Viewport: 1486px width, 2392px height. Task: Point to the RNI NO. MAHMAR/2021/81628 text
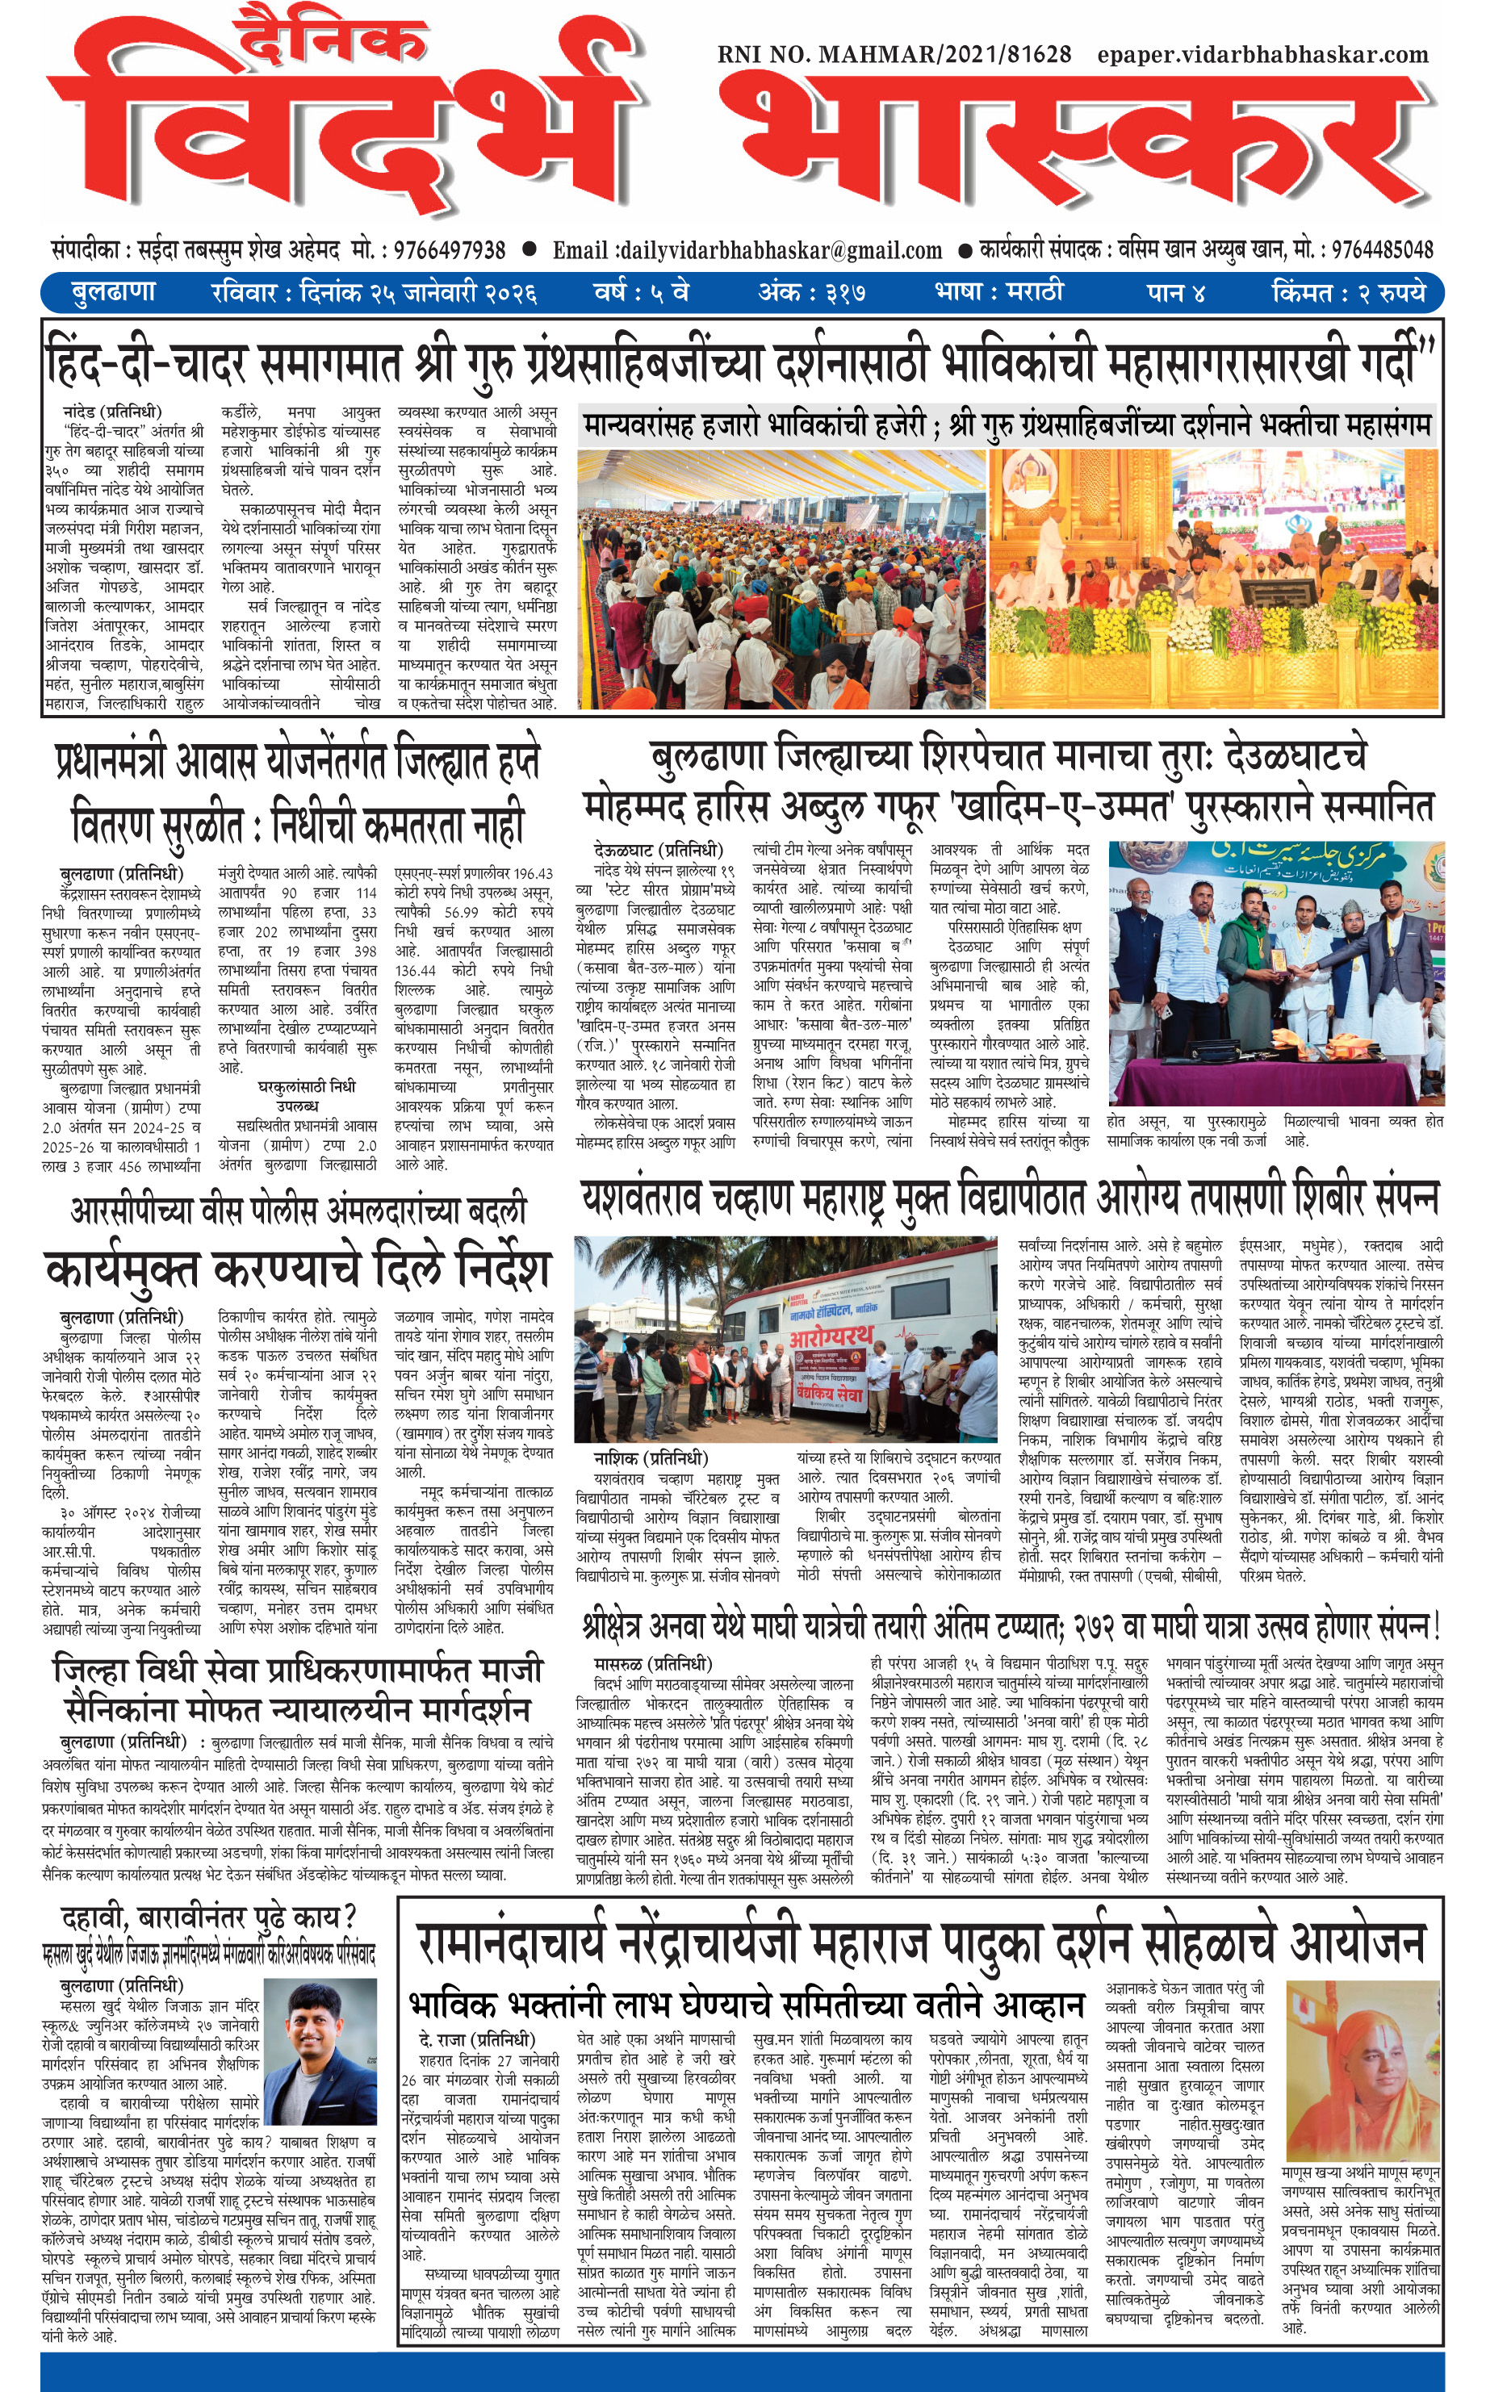[894, 55]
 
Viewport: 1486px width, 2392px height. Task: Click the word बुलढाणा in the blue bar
[113, 293]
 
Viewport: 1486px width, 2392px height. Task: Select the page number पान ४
[1175, 293]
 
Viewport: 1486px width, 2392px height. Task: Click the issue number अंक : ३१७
[811, 293]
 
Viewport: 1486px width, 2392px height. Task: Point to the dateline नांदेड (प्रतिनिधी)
[112, 412]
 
